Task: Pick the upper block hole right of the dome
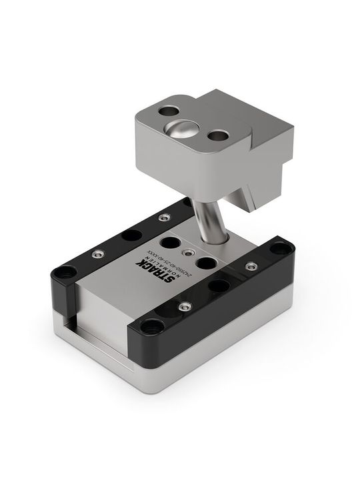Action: pos(217,137)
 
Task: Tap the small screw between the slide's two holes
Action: pos(191,253)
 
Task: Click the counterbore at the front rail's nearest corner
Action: pos(153,326)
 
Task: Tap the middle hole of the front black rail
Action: pos(218,286)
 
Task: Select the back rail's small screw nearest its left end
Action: pos(98,254)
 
